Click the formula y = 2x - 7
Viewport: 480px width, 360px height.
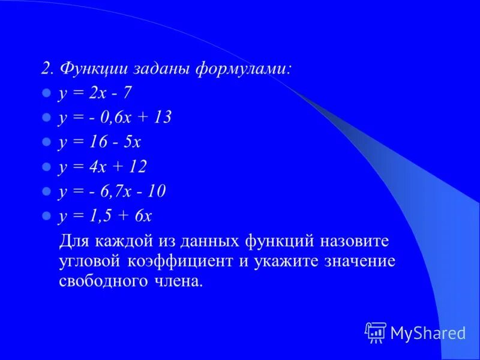click(95, 93)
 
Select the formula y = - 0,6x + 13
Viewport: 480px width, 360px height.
click(115, 118)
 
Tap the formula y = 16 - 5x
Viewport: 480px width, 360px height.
click(99, 142)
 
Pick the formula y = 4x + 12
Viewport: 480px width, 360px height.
click(103, 167)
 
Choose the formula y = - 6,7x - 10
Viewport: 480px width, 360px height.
click(112, 191)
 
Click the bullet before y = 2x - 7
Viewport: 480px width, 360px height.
click(45, 94)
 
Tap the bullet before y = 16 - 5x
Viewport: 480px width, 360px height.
click(45, 143)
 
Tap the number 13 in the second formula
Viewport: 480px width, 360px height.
click(162, 118)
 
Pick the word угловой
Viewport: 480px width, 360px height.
click(91, 262)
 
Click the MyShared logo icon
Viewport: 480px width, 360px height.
click(376, 332)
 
